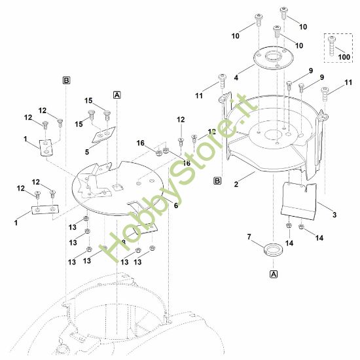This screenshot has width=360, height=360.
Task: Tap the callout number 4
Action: pyautogui.click(x=236, y=77)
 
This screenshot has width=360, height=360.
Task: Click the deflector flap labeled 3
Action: pyautogui.click(x=298, y=200)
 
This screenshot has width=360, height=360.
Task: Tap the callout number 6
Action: pyautogui.click(x=175, y=205)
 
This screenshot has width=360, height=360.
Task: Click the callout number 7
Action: pyautogui.click(x=248, y=236)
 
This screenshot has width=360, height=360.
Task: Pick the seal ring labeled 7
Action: pyautogui.click(x=272, y=249)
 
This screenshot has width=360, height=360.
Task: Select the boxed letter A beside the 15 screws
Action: pyautogui.click(x=117, y=95)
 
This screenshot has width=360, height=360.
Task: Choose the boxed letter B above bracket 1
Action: pyautogui.click(x=66, y=80)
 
